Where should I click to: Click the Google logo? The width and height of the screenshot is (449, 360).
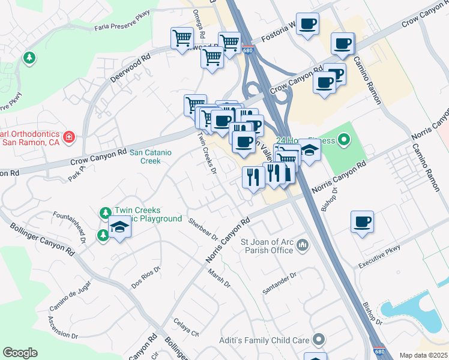pyautogui.click(x=20, y=353)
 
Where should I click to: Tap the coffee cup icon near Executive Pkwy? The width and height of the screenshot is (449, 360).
pyautogui.click(x=362, y=221)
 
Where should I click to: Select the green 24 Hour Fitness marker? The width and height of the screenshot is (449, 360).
pyautogui.click(x=343, y=141)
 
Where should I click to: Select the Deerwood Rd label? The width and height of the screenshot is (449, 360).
pyautogui.click(x=130, y=70)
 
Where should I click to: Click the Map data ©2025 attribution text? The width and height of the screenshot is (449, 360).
pyautogui.click(x=423, y=355)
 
